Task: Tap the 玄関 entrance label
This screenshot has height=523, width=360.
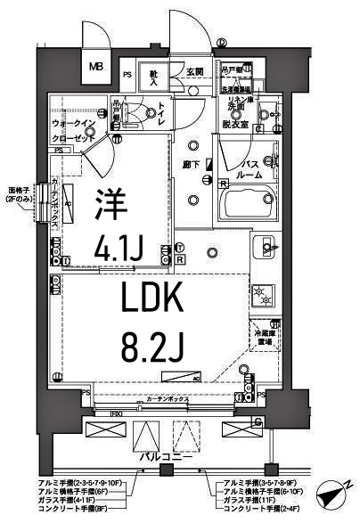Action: click(x=195, y=72)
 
